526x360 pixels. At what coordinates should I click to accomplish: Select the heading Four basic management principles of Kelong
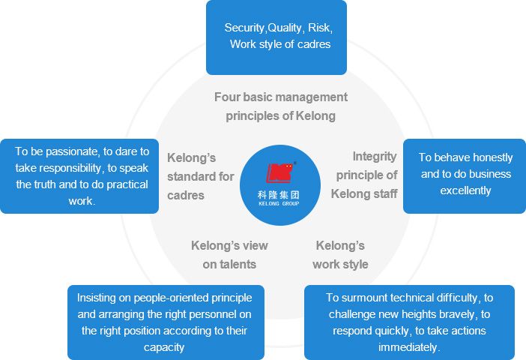[x=280, y=106]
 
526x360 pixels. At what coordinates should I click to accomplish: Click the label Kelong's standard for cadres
[x=200, y=176]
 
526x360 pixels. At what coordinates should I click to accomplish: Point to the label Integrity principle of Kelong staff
[x=366, y=175]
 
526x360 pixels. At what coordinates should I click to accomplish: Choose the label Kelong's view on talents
[x=229, y=254]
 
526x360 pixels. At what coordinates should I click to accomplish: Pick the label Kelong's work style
[x=340, y=254]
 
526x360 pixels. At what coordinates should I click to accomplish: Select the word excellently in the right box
[x=465, y=190]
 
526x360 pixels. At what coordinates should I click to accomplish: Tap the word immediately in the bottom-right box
[x=409, y=347]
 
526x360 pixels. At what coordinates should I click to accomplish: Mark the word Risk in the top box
[x=319, y=28]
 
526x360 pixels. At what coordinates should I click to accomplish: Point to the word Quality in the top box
[x=284, y=28]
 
